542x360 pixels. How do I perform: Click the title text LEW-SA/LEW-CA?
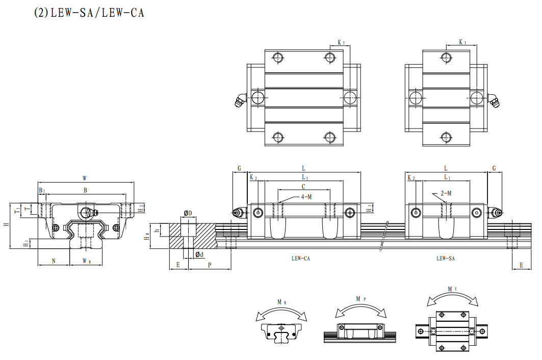[89, 13]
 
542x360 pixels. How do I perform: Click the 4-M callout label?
[306, 196]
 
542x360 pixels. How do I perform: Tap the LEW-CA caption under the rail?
[301, 259]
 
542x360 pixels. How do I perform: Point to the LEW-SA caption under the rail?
[445, 259]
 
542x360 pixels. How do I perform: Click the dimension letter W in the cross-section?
[85, 178]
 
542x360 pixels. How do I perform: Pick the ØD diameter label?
[188, 213]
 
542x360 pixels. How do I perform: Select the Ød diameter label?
[199, 254]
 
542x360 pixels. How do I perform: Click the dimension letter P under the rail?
[210, 265]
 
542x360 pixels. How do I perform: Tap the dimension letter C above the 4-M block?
[303, 186]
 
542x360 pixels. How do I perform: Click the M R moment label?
[281, 302]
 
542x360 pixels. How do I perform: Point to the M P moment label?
[359, 298]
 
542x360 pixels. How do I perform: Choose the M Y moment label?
[452, 289]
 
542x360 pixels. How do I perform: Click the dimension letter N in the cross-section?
[54, 261]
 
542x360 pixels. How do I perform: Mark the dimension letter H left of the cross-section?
[6, 224]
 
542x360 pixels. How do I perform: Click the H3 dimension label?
[369, 207]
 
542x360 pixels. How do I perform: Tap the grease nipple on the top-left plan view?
[239, 100]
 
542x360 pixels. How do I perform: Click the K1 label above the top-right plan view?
[462, 42]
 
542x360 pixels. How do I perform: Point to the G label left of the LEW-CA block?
[239, 168]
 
